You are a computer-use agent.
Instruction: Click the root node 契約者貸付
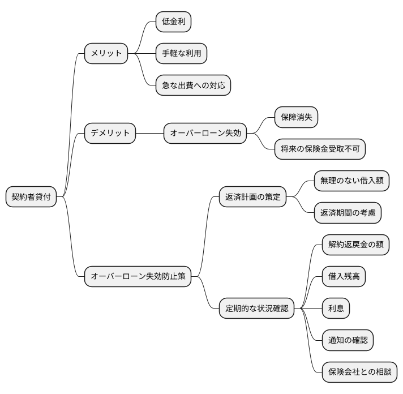tap(31, 197)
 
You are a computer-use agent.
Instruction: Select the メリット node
tap(106, 54)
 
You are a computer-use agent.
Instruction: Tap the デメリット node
tap(110, 134)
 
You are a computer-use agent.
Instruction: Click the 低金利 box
tap(173, 22)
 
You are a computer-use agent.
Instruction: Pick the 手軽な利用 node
tap(181, 54)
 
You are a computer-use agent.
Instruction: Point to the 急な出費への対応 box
tap(193, 85)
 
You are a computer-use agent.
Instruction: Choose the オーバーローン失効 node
tap(205, 134)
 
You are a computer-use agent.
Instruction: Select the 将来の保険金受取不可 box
tap(320, 149)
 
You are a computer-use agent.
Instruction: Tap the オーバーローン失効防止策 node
tap(138, 277)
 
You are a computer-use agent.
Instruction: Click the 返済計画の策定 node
tap(252, 197)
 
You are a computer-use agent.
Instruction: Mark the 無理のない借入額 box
tap(352, 181)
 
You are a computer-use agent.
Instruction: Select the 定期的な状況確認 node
tap(256, 309)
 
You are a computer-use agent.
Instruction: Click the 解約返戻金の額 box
tap(355, 245)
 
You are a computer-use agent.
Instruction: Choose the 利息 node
tap(336, 309)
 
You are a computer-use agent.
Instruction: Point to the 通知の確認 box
tap(348, 340)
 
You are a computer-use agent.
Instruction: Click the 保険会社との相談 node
tap(359, 372)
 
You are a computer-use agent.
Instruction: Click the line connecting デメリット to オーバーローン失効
tap(150, 134)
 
